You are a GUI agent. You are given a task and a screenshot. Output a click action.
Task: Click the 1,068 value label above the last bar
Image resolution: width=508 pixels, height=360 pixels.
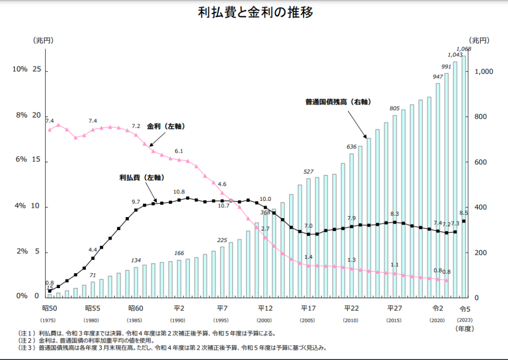(x=463, y=49)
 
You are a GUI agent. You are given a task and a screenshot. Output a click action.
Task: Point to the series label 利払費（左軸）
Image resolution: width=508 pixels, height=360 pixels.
(x=142, y=177)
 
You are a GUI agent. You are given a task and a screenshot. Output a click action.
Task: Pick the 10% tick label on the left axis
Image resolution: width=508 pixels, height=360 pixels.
(x=20, y=69)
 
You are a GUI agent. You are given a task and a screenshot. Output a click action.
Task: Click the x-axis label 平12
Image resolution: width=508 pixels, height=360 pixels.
(x=265, y=308)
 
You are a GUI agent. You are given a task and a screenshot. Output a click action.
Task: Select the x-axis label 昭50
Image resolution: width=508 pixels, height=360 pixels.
(x=49, y=308)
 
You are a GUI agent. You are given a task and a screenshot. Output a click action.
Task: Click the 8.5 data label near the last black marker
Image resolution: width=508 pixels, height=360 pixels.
(x=464, y=213)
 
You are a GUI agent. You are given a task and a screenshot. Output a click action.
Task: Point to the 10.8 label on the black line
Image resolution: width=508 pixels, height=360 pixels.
(x=179, y=192)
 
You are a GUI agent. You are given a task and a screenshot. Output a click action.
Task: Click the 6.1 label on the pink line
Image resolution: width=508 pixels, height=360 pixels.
(x=179, y=151)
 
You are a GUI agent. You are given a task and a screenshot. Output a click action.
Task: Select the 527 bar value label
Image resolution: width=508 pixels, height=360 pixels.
(x=309, y=172)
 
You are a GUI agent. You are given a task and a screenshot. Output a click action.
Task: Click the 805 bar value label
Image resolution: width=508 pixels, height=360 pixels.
(x=394, y=108)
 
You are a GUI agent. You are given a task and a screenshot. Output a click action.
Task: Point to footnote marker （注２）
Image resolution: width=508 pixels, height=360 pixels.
(x=27, y=341)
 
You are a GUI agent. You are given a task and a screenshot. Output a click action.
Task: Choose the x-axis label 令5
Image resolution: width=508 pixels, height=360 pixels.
(x=465, y=308)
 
